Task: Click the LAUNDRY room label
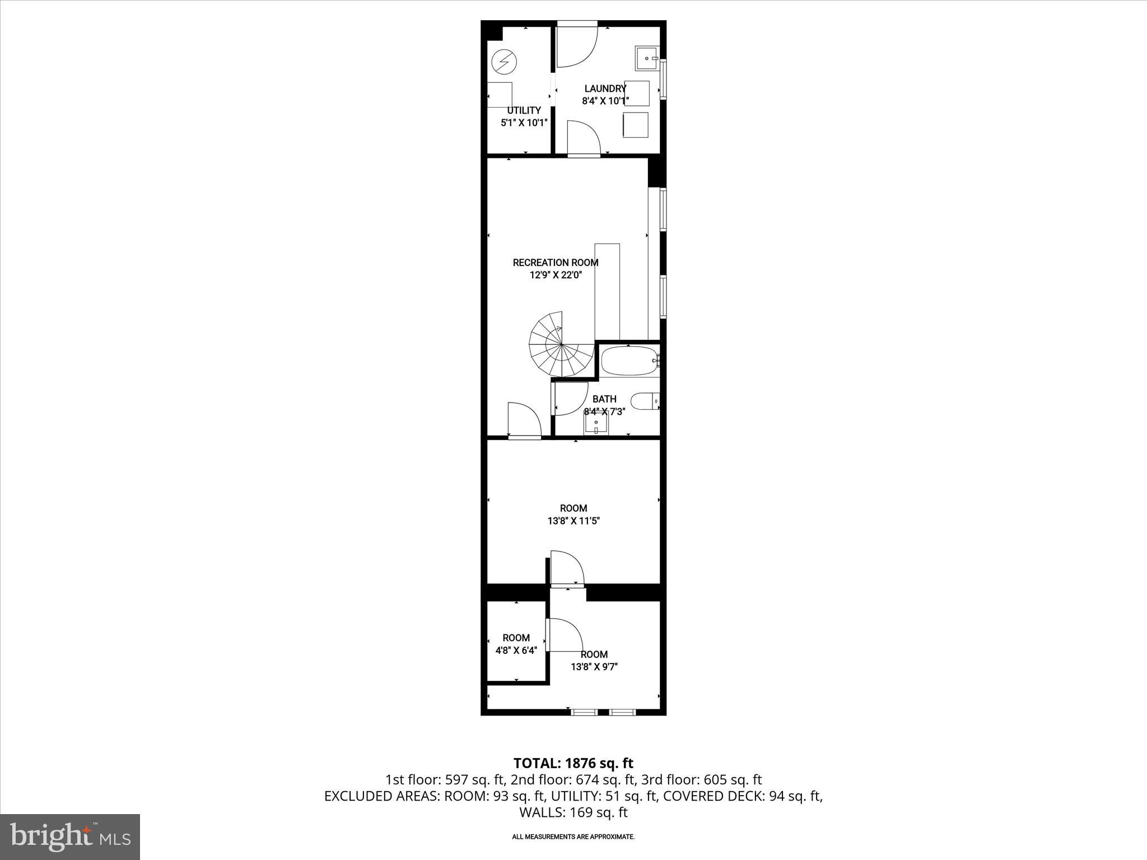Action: [x=605, y=88]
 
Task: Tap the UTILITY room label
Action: [x=524, y=110]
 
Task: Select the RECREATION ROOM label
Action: [x=556, y=263]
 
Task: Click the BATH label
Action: [x=604, y=399]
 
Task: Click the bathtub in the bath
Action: [x=629, y=361]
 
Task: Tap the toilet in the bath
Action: [x=645, y=401]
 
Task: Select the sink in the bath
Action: [x=596, y=424]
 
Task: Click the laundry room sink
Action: [x=647, y=58]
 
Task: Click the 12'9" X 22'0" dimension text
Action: [x=556, y=275]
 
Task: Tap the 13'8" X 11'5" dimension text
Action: [x=573, y=521]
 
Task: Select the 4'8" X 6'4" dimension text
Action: [x=516, y=650]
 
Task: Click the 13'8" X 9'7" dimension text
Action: [x=594, y=667]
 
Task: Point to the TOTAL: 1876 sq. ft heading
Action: [x=573, y=763]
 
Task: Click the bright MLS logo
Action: [x=70, y=836]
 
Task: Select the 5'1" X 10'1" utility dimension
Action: [x=524, y=123]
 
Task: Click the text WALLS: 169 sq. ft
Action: [x=573, y=812]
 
